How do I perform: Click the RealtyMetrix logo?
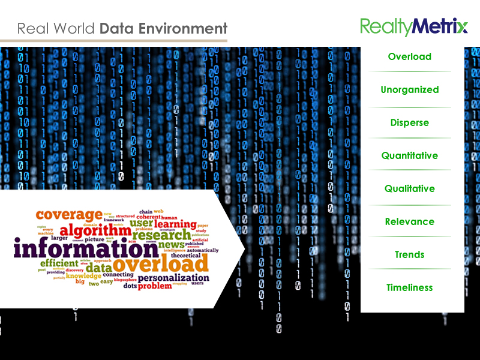(x=413, y=26)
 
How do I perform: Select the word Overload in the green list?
(x=410, y=56)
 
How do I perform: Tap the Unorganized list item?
(x=410, y=89)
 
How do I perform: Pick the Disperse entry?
(x=410, y=122)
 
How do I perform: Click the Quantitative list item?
(x=410, y=155)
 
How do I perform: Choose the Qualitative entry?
(x=410, y=188)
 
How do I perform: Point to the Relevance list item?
(x=410, y=221)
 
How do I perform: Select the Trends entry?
(x=410, y=254)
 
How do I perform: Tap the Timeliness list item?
(x=410, y=287)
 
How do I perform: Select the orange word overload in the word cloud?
(x=160, y=263)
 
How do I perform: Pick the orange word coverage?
(x=69, y=215)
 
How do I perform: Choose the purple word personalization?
(x=173, y=278)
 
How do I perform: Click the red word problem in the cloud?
(x=155, y=287)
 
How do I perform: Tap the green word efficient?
(x=59, y=263)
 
